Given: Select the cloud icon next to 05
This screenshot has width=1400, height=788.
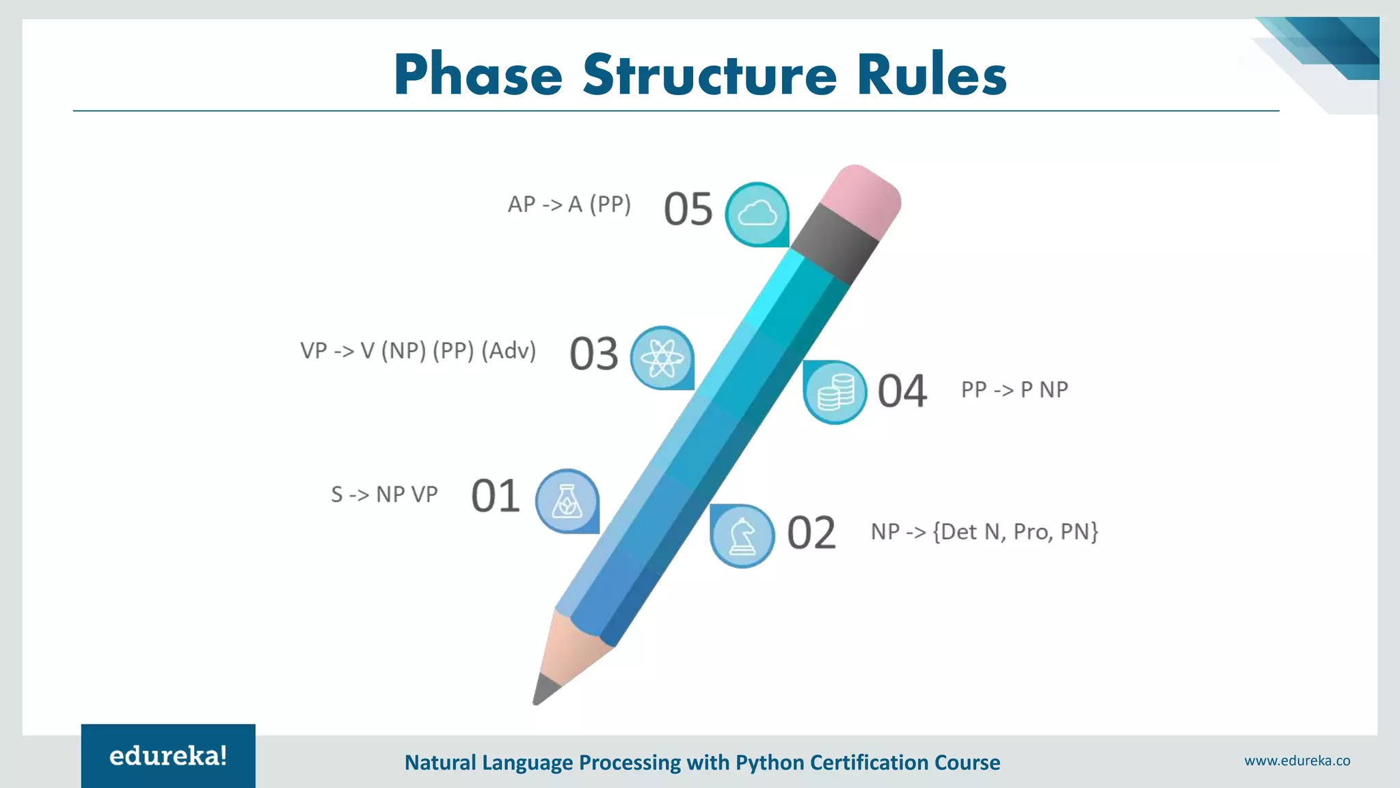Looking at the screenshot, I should (x=757, y=214).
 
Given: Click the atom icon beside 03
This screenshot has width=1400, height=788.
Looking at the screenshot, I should (x=662, y=358).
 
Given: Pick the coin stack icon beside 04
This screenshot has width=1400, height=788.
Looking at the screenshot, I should (x=835, y=392).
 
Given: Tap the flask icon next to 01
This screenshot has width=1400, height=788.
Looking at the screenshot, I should (x=567, y=501).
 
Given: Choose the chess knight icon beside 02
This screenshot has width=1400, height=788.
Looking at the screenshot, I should (x=742, y=536).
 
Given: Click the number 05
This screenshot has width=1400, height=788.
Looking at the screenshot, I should (x=688, y=209).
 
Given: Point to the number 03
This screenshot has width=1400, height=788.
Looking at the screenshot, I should (x=593, y=354).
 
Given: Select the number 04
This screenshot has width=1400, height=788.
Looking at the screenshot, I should (x=902, y=391).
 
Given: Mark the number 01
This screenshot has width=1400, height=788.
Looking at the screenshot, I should (x=495, y=496).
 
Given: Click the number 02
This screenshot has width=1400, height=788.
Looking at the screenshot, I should (x=811, y=533).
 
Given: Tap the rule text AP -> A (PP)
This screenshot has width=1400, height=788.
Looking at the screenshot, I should (x=569, y=204).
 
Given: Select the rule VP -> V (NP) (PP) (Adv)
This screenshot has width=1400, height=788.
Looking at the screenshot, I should (x=418, y=350).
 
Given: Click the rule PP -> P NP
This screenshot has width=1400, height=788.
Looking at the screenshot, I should (x=1014, y=389).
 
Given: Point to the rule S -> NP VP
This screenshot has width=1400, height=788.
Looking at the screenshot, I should (x=384, y=494).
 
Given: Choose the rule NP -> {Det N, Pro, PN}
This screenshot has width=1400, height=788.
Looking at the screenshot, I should (x=984, y=531).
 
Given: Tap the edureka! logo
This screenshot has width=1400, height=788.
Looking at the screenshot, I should (x=168, y=756).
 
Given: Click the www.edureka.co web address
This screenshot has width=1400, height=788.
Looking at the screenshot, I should (x=1297, y=761).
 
